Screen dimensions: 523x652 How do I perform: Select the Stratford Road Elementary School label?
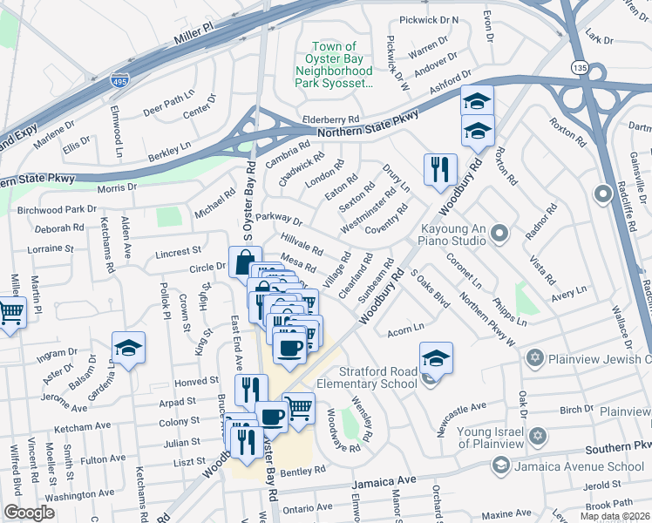click(377, 377)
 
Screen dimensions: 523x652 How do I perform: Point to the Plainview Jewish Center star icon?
click(535, 358)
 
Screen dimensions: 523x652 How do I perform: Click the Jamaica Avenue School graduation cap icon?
click(500, 465)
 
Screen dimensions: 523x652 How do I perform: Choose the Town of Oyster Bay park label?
click(336, 65)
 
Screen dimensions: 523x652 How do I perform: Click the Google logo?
click(29, 513)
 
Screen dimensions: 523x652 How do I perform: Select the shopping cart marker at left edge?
click(11, 310)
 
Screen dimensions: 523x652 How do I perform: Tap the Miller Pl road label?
click(193, 34)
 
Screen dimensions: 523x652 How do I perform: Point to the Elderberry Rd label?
click(330, 119)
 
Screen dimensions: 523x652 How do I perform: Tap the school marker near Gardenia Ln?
click(128, 350)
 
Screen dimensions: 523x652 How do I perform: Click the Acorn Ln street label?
click(405, 327)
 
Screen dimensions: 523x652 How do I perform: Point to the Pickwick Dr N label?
click(428, 19)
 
